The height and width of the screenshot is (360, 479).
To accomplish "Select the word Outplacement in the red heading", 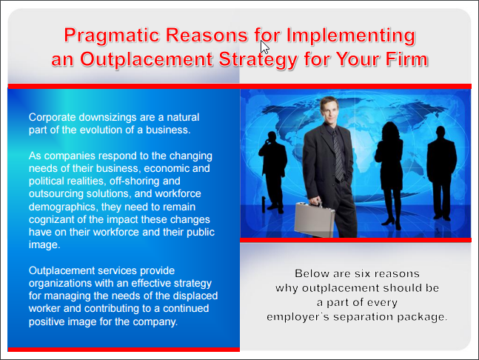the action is click(x=147, y=60).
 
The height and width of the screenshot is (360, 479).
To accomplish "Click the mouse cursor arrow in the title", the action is click(x=265, y=47).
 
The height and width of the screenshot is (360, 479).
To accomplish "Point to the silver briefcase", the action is click(x=314, y=219).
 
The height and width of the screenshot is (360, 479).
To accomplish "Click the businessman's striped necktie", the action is click(x=338, y=156).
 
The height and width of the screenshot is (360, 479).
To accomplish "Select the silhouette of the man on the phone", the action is click(x=272, y=172).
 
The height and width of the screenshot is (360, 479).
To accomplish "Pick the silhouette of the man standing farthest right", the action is click(x=442, y=173).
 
